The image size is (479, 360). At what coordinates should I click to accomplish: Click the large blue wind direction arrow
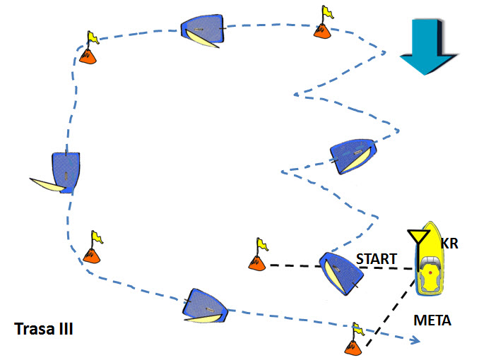point(428,46)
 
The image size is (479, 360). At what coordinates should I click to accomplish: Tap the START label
point(377,259)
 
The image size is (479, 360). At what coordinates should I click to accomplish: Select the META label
point(432,320)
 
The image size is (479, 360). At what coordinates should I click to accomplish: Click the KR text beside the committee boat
point(449,244)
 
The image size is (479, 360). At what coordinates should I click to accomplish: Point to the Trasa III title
point(44,329)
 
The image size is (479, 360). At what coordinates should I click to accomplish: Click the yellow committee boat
point(430,259)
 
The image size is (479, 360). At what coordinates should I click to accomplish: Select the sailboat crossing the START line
point(341,272)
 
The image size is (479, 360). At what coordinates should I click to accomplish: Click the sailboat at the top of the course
point(202,30)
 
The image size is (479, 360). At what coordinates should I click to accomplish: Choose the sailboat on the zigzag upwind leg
point(353,156)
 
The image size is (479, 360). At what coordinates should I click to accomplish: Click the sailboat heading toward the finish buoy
point(205,306)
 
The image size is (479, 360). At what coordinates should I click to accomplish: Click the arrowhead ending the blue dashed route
point(415,340)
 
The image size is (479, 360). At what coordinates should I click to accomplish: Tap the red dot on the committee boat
point(430,272)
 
